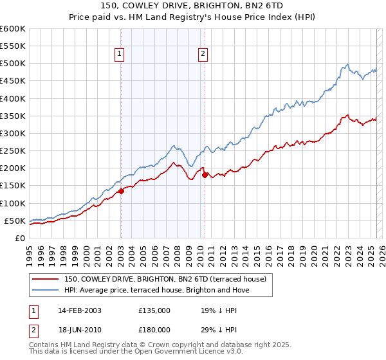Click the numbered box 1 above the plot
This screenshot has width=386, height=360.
pos(120,55)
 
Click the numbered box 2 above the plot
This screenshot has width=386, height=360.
pos(203,55)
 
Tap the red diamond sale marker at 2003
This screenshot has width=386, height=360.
pos(121,191)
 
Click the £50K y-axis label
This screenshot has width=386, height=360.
pos(15,221)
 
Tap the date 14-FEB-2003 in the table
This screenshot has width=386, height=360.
pos(80,310)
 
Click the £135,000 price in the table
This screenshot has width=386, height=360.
pos(154,310)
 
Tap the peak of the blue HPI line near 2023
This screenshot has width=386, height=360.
pos(347,64)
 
